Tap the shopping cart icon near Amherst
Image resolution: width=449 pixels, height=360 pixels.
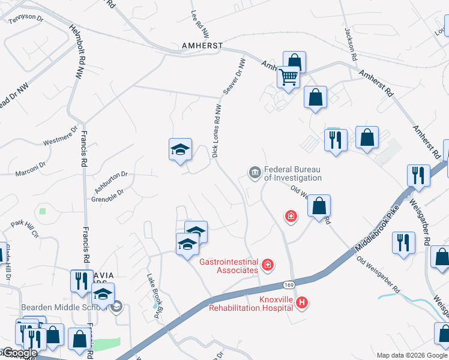pos(289,77)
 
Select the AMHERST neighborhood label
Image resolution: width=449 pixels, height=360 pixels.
pos(203,46)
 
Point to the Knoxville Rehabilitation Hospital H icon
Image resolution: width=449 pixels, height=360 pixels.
pos(303,304)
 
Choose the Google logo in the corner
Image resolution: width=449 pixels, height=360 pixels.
pos(20,353)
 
